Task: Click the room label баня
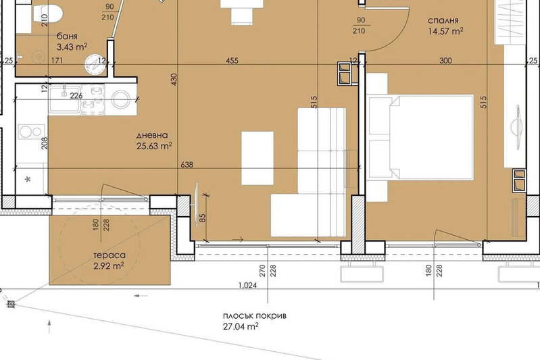click(x=67, y=36)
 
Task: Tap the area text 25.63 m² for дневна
click(x=154, y=146)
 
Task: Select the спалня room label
click(x=443, y=21)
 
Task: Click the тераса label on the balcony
click(x=109, y=255)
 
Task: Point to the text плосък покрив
click(x=255, y=316)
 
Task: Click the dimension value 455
click(x=232, y=61)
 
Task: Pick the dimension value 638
click(x=187, y=165)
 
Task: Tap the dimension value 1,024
click(x=247, y=285)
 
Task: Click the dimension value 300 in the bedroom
click(x=445, y=61)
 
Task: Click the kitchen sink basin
click(x=65, y=99)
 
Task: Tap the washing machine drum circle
click(x=120, y=99)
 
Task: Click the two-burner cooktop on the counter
click(x=31, y=132)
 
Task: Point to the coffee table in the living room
click(x=257, y=158)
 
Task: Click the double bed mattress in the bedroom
click(x=432, y=137)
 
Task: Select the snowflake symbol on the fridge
click(x=28, y=179)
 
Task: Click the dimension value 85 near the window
click(x=202, y=218)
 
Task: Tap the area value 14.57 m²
click(x=445, y=31)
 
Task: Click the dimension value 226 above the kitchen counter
click(x=76, y=95)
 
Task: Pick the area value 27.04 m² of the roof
click(x=241, y=326)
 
